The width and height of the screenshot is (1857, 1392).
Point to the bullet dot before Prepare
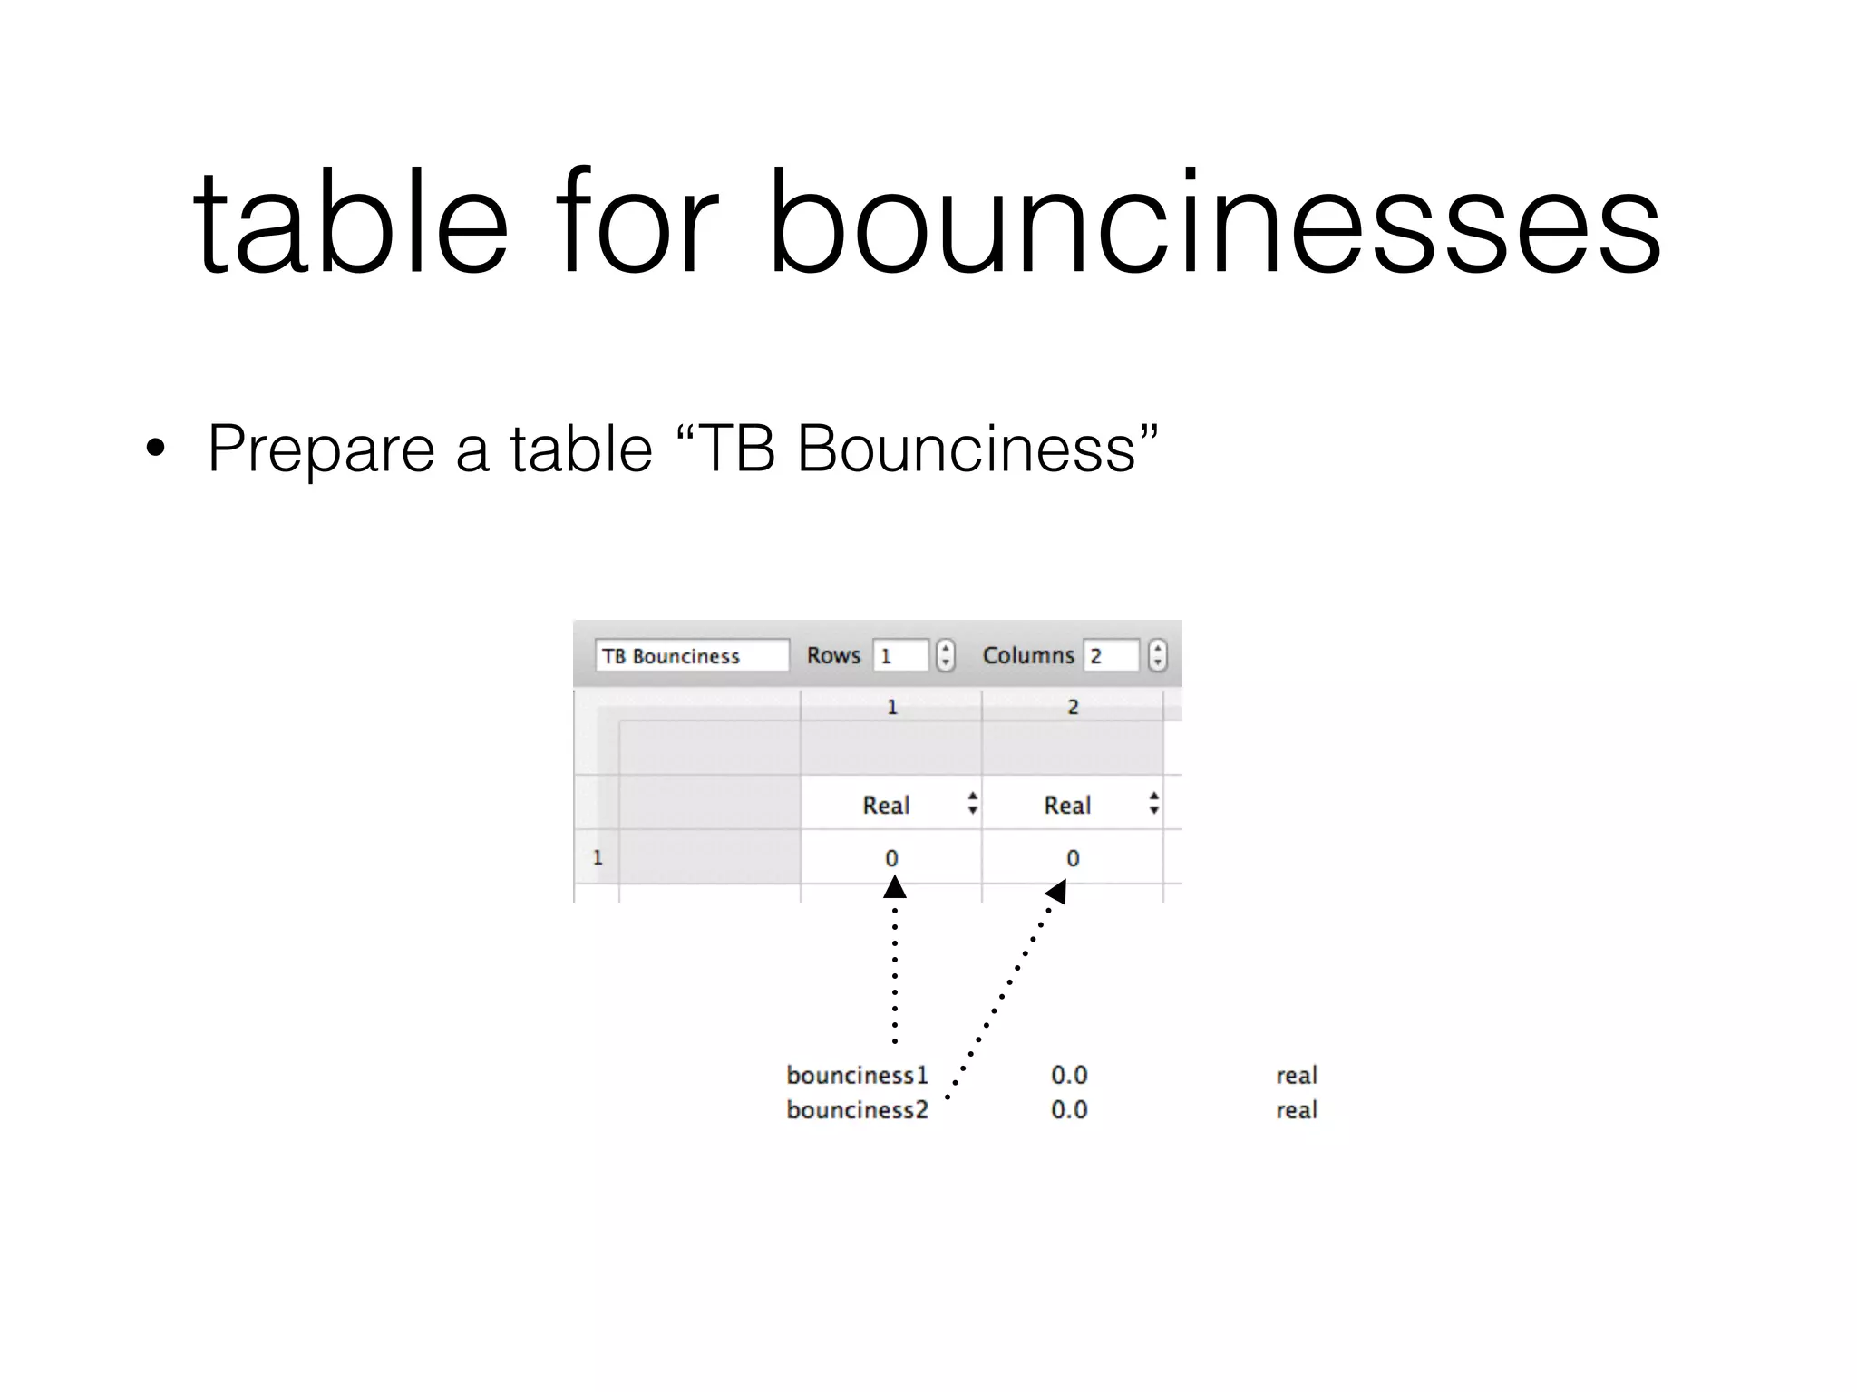pyautogui.click(x=156, y=449)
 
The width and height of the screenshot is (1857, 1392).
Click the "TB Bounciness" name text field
pyautogui.click(x=691, y=655)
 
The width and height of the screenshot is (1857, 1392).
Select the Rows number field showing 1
pyautogui.click(x=899, y=655)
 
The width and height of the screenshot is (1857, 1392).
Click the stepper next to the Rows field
pyautogui.click(x=945, y=655)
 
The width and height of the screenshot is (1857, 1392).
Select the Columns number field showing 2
pyautogui.click(x=1111, y=655)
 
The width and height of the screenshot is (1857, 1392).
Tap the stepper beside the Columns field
pyautogui.click(x=1157, y=655)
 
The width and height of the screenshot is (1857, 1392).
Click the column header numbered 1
pyautogui.click(x=891, y=707)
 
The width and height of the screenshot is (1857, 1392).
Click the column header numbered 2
pyautogui.click(x=1073, y=707)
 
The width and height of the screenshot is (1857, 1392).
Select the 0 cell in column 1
pyautogui.click(x=891, y=857)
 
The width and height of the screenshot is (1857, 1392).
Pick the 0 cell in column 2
pyautogui.click(x=1073, y=857)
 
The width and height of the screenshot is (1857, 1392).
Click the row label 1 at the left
pyautogui.click(x=598, y=857)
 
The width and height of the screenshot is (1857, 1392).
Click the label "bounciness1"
pyautogui.click(x=857, y=1075)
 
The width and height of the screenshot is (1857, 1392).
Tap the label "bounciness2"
pyautogui.click(x=857, y=1109)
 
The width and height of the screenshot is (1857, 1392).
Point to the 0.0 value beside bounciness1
pyautogui.click(x=1069, y=1075)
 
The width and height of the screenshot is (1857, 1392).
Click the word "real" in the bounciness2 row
pyautogui.click(x=1296, y=1109)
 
